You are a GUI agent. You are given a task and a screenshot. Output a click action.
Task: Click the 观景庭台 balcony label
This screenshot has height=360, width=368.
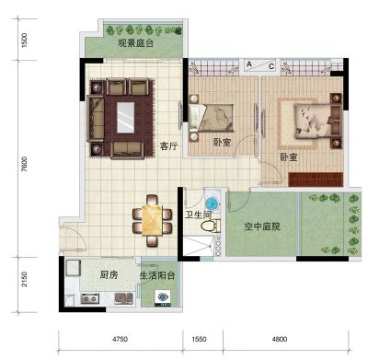pos(135,43)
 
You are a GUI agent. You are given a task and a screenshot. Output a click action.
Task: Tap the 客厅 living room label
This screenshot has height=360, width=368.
pos(168,146)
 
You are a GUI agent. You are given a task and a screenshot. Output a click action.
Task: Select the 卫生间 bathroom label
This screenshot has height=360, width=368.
pos(199,215)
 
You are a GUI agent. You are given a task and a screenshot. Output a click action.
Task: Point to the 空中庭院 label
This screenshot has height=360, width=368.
pos(262,226)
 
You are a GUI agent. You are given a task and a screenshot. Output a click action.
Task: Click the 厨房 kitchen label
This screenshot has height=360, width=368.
pos(109,274)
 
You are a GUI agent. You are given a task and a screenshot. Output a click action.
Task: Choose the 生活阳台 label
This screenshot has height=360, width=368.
pos(157,275)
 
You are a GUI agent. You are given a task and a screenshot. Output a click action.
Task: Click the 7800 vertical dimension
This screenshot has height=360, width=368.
pos(25,165)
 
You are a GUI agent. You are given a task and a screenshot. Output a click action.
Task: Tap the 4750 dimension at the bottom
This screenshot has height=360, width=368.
pos(120,339)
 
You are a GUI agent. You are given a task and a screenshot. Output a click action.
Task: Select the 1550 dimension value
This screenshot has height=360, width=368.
pos(199,339)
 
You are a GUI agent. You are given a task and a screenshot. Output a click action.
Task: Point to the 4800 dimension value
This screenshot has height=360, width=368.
pos(280,339)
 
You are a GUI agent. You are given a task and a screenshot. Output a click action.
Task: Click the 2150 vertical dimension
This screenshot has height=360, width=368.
pos(25,279)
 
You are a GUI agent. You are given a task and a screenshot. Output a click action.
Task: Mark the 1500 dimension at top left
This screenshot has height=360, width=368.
pos(25,40)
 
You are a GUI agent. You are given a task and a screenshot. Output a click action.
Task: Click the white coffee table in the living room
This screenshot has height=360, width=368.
pos(126,118)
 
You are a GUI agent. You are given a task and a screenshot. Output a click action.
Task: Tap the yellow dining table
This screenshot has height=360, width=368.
pos(152,220)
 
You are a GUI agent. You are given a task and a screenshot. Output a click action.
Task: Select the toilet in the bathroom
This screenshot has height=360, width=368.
pos(211,226)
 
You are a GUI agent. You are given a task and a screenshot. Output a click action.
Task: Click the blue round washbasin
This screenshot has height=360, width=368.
pos(213,203)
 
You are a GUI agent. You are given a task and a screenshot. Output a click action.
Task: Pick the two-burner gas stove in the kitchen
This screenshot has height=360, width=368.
pos(90,298)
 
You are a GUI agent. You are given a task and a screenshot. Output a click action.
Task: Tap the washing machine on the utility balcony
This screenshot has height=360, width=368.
pos(163,297)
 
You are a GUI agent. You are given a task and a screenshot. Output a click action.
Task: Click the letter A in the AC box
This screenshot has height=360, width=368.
pos(249,64)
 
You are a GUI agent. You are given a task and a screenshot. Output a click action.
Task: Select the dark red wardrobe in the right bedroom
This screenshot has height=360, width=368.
pos(316,180)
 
